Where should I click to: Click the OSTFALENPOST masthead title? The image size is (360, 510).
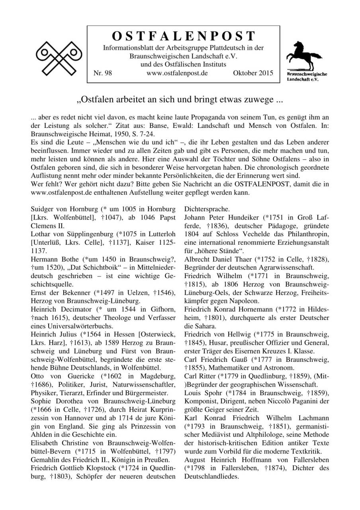click(x=184, y=36)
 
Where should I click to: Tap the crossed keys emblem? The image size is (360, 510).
click(x=59, y=59)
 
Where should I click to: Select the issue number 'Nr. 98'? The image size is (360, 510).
click(x=102, y=73)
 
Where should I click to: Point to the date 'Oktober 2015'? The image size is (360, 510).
click(x=253, y=73)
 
